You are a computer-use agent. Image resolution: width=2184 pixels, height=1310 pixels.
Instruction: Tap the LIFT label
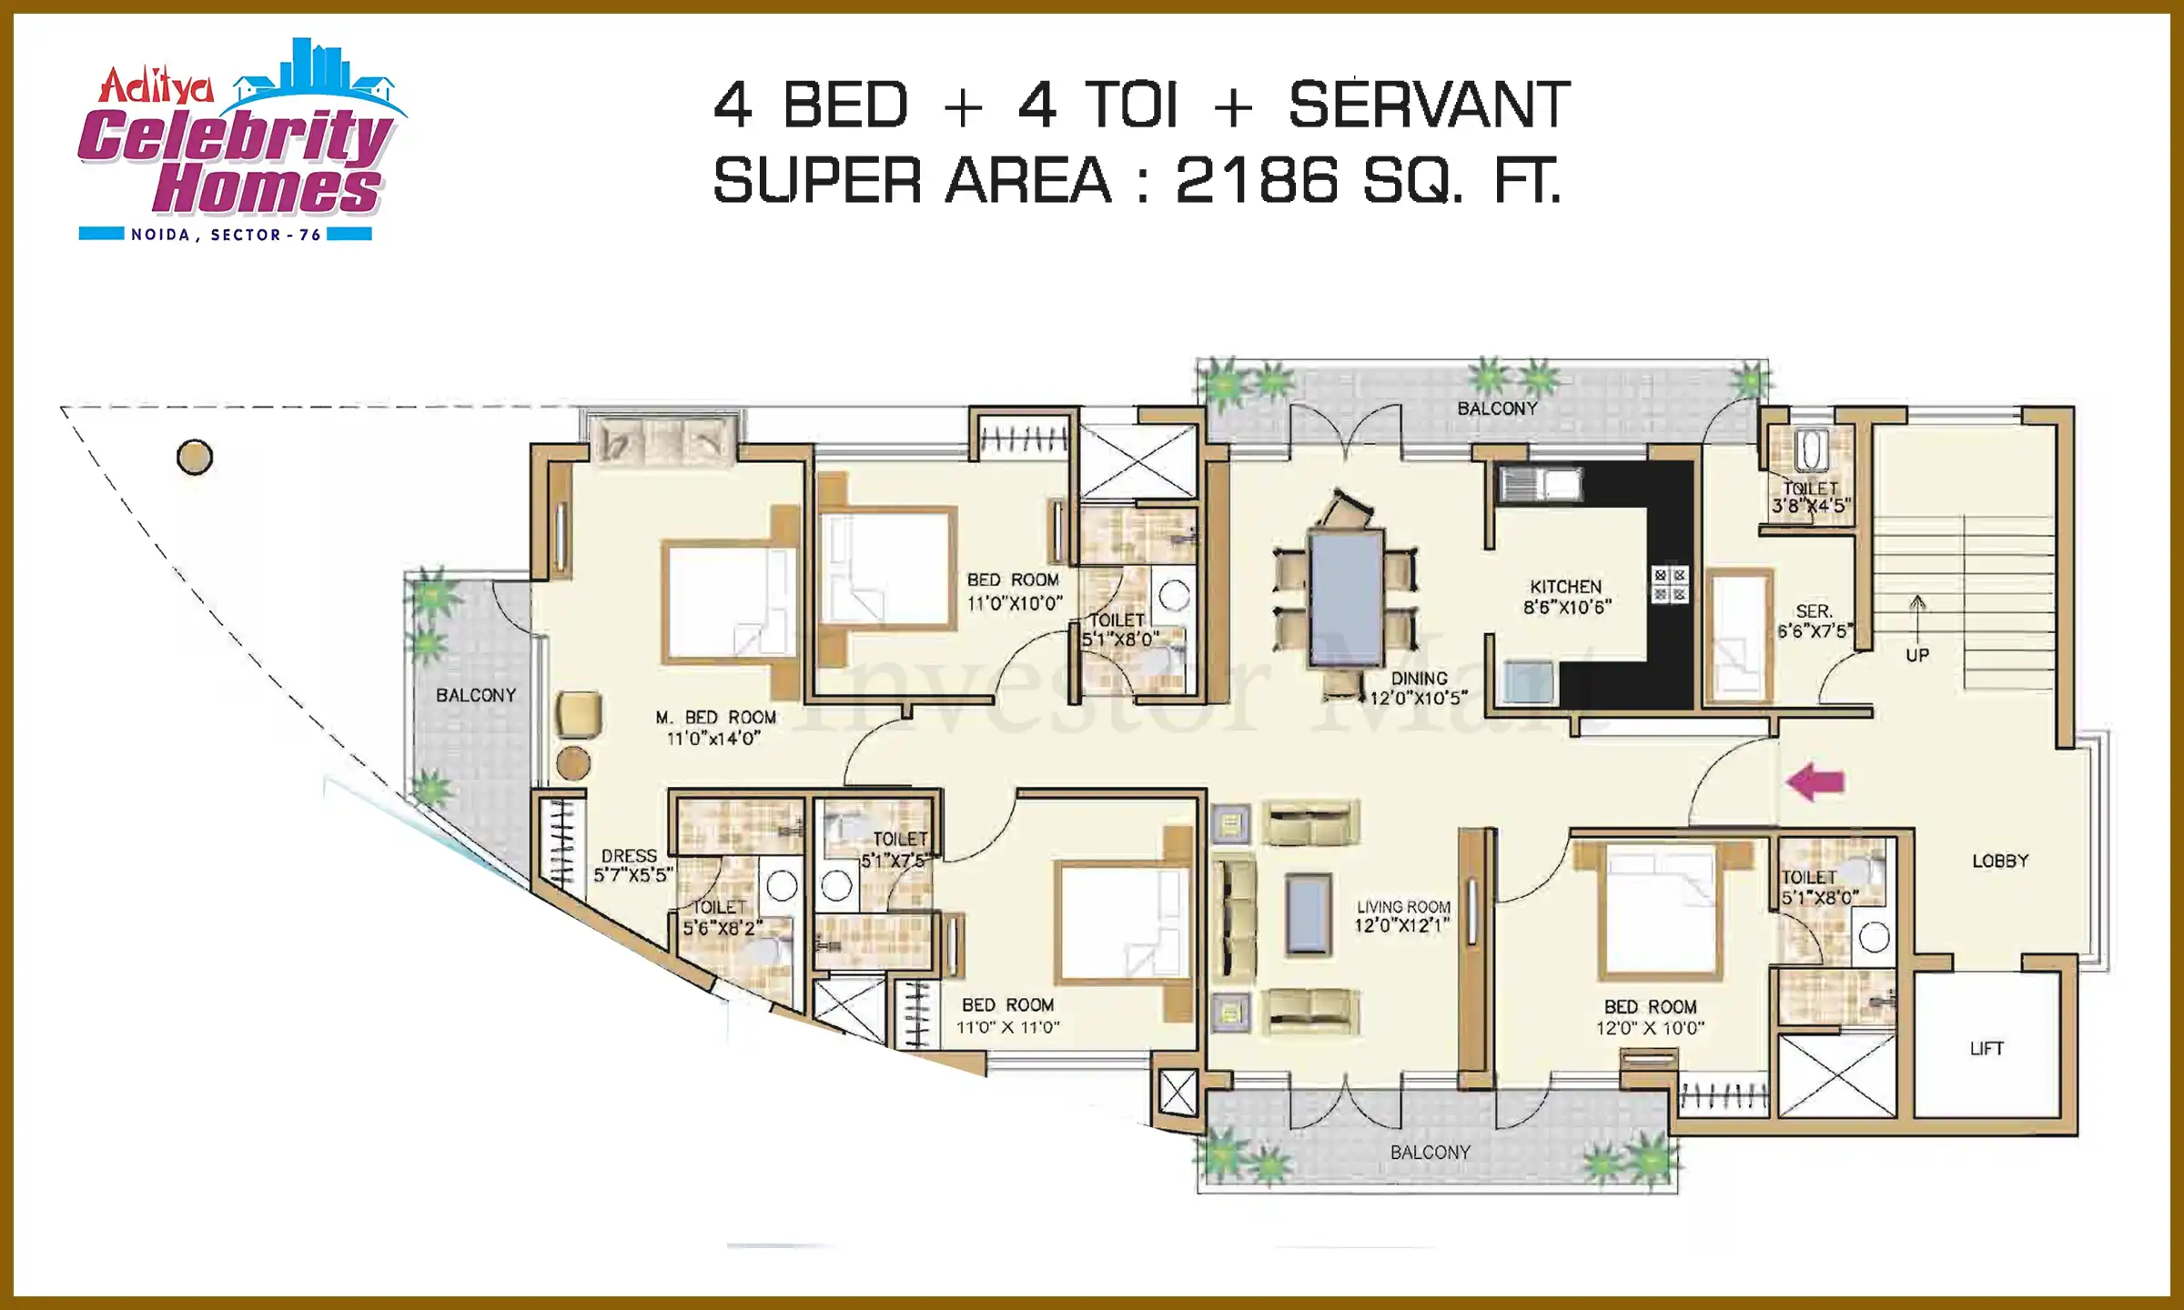[1987, 1049]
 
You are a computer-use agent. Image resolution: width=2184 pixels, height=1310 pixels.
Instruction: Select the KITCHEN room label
[1565, 587]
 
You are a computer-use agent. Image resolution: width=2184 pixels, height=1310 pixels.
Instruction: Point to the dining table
[1346, 599]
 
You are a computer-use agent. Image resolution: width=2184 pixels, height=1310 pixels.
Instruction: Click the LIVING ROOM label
[1403, 907]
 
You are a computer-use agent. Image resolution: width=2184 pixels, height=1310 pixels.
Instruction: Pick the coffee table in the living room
[1309, 913]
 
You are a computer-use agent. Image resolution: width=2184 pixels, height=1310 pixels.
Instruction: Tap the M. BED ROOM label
[715, 718]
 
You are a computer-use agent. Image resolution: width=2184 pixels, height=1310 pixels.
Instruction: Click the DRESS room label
[629, 856]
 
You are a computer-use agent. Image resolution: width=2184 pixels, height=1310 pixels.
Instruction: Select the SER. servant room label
[1814, 611]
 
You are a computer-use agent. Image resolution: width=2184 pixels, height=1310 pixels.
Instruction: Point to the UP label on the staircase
[1917, 655]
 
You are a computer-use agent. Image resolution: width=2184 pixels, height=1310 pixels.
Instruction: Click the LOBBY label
[2000, 861]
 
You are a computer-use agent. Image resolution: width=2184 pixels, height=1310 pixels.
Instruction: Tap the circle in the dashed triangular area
[195, 457]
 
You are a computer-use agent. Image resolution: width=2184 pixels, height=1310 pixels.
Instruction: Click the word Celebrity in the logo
[237, 136]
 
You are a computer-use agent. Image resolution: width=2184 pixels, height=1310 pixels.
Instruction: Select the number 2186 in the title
[1257, 180]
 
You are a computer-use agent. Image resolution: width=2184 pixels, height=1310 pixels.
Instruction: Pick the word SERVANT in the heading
[1429, 105]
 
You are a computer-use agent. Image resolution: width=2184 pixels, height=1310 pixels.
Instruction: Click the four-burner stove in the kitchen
[1670, 585]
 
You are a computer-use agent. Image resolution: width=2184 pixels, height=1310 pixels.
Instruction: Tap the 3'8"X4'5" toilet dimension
[1811, 506]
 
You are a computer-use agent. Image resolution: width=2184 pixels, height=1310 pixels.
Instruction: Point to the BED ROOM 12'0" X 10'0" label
[1651, 1017]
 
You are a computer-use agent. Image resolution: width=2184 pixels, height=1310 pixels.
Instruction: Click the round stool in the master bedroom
[573, 763]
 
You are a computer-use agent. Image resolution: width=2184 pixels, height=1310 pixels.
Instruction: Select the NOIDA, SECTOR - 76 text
[226, 235]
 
